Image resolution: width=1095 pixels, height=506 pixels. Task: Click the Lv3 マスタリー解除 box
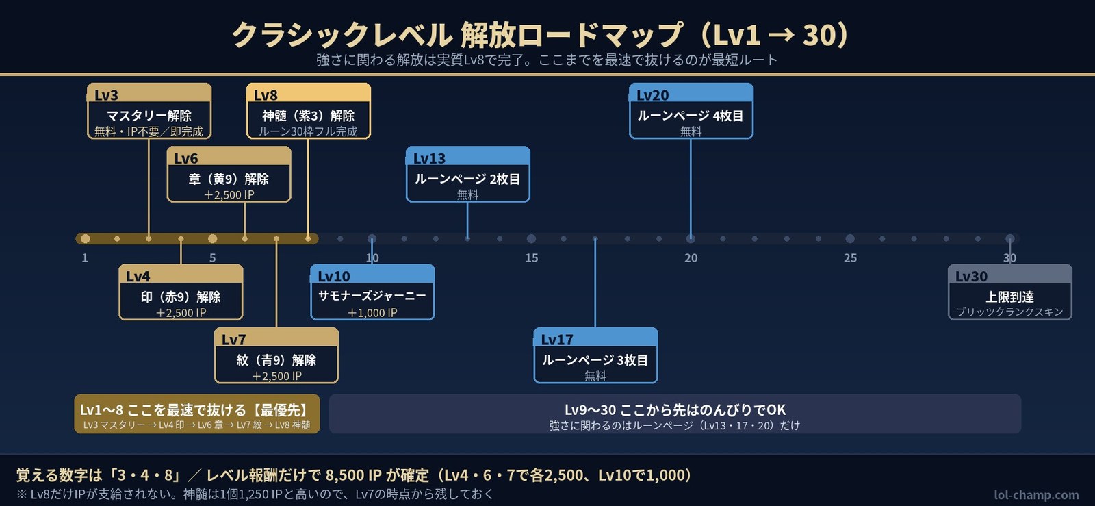click(x=149, y=111)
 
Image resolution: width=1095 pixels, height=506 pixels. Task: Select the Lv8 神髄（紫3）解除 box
click(x=309, y=111)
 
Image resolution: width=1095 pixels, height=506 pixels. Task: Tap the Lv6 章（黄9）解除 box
click(x=229, y=174)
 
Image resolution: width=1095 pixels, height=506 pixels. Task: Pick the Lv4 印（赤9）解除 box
click(x=181, y=292)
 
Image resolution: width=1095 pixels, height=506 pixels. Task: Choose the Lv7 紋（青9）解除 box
click(x=276, y=355)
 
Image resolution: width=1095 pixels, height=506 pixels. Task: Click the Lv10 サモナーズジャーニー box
click(x=372, y=292)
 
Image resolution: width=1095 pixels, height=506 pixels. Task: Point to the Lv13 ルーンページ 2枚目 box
click(x=468, y=174)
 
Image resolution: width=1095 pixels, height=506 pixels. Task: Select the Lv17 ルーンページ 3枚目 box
click(x=595, y=355)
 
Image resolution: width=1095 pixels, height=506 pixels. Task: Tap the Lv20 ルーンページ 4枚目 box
click(x=691, y=111)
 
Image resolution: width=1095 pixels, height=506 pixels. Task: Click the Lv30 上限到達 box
click(x=1010, y=292)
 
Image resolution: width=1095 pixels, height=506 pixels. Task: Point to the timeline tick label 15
click(x=531, y=257)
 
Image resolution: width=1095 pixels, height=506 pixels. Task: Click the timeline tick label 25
click(x=850, y=257)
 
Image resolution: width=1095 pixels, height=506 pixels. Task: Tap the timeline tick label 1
click(x=85, y=257)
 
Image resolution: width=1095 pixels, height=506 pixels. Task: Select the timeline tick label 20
click(x=691, y=257)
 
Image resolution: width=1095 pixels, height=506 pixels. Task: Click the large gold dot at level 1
click(x=86, y=238)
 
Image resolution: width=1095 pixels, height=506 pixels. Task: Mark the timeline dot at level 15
click(x=531, y=238)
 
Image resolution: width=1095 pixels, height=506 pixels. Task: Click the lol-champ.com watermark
click(x=1036, y=495)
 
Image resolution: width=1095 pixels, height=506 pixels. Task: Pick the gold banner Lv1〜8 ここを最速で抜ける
click(x=197, y=414)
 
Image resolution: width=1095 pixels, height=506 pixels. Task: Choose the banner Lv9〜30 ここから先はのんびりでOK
click(x=675, y=414)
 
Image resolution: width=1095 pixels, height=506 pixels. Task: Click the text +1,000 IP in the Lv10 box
click(x=372, y=312)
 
